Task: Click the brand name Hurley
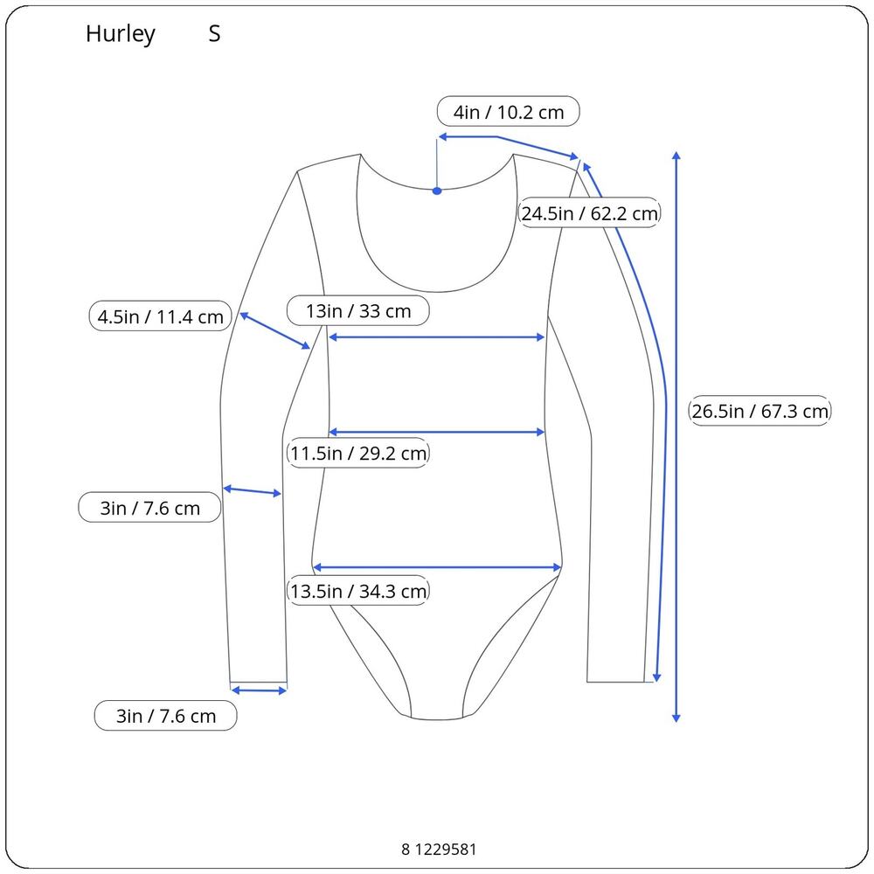coord(120,35)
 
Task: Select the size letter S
coord(215,34)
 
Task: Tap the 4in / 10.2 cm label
coord(509,112)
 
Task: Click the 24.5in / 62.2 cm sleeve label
coord(589,213)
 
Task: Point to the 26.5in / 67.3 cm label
coord(760,411)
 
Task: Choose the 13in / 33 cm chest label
coord(357,310)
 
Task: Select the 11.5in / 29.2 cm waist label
coord(357,453)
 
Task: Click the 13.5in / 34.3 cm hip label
coord(357,590)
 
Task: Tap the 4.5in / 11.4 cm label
coord(160,316)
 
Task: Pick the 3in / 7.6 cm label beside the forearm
coord(149,507)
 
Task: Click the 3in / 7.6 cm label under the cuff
coord(165,715)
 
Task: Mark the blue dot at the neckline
coord(437,191)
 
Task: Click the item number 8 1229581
coord(439,849)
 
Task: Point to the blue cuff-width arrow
coord(259,690)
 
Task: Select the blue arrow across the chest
coord(436,337)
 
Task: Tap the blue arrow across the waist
coord(436,432)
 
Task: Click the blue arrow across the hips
coord(437,567)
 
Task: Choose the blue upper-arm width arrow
coord(274,331)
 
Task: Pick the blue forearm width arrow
coord(252,491)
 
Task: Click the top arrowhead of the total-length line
coord(676,156)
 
